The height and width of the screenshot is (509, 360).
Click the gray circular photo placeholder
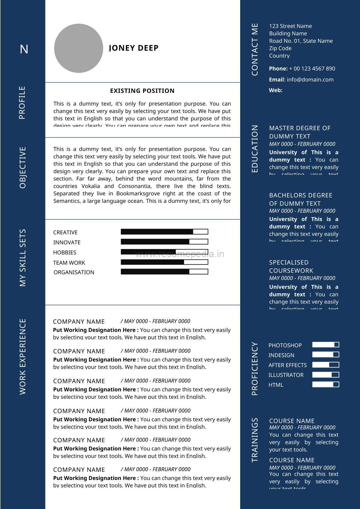coord(78,48)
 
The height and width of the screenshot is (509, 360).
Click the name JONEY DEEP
coord(134,48)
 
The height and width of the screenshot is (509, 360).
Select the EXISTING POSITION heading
coord(142,91)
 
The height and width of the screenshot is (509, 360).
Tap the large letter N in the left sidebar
coord(24,49)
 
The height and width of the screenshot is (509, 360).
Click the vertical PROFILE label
coord(22,103)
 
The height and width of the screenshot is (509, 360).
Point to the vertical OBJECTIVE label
coord(23,168)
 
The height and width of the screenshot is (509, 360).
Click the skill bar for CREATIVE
coord(164,232)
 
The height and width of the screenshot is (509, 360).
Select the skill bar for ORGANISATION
coord(164,272)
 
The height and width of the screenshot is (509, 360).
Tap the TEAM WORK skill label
coord(69,263)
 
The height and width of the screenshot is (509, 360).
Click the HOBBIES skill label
coord(65,253)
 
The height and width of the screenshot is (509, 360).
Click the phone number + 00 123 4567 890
coord(312,69)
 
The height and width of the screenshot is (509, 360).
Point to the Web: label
coord(276,90)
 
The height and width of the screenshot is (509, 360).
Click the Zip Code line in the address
coord(280,48)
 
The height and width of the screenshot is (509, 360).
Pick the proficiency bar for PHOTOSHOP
coord(326,345)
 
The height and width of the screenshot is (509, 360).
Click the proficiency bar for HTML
coord(326,384)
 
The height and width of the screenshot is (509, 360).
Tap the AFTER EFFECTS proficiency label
coord(287,365)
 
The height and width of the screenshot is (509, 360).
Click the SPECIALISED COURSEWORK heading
coord(291,266)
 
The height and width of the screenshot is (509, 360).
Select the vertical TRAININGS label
coord(255,440)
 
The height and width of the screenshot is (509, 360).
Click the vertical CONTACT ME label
coord(255,50)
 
